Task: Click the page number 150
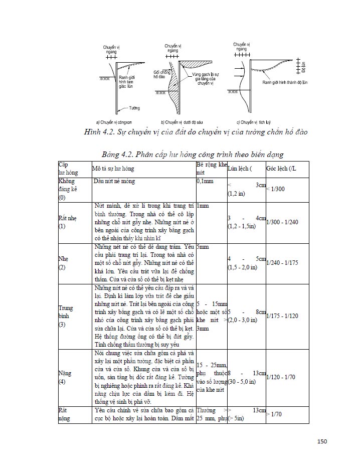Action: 322,441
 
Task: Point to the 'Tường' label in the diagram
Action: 134,107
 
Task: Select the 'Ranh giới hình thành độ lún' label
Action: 278,83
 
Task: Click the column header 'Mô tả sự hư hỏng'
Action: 117,169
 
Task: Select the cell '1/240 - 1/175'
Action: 283,262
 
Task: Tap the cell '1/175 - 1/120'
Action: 283,316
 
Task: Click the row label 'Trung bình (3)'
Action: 66,316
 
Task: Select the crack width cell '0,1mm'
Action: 206,181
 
